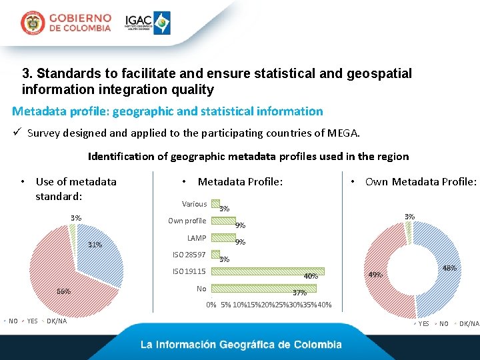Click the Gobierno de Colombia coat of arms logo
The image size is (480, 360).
32,23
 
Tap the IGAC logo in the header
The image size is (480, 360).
148,23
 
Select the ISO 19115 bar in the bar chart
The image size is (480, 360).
267,271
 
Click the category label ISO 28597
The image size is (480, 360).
189,255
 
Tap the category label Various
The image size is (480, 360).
194,204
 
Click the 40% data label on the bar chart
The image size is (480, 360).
311,276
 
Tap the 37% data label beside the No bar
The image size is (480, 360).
299,293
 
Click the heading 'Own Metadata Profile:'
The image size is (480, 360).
421,182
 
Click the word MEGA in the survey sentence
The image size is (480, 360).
343,133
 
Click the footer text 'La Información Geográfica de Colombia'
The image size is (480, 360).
241,345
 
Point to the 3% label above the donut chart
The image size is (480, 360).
409,217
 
